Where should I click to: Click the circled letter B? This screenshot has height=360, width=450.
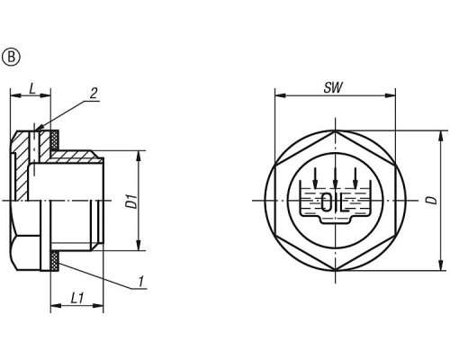point(11,58)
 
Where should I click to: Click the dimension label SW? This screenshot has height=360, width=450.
point(333,87)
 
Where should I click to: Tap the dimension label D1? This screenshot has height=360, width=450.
point(131,202)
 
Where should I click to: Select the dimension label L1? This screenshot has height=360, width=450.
point(76,298)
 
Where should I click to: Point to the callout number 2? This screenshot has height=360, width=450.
point(94,94)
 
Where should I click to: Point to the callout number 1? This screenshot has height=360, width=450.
point(141,282)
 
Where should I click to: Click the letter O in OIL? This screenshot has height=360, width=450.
point(326,202)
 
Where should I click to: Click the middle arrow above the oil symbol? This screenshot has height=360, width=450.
point(336,178)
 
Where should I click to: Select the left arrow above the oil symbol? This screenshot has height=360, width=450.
point(315,178)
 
